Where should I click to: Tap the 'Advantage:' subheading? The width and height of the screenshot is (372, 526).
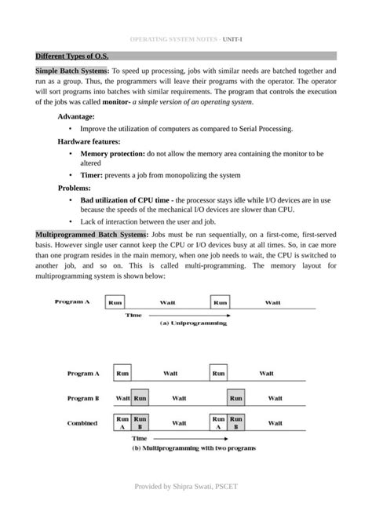click(x=78, y=115)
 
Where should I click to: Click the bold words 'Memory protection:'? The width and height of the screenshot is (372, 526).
click(x=112, y=154)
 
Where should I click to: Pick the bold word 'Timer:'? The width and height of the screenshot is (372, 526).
click(x=93, y=175)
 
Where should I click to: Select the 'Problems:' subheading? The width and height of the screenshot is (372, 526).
click(x=75, y=188)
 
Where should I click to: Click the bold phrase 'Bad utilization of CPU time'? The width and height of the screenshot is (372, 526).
click(x=125, y=201)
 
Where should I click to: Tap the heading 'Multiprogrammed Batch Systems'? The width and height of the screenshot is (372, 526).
click(x=91, y=235)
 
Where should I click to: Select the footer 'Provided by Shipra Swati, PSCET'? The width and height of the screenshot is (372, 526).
click(x=186, y=487)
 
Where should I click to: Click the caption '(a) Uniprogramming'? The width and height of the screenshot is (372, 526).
click(x=193, y=322)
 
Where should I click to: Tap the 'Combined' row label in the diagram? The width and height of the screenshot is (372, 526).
click(x=82, y=423)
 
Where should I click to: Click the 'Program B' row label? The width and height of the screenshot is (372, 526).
click(x=82, y=399)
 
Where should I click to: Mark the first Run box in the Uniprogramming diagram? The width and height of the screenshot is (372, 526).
click(x=115, y=301)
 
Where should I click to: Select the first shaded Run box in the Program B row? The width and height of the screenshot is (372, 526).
click(x=140, y=399)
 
